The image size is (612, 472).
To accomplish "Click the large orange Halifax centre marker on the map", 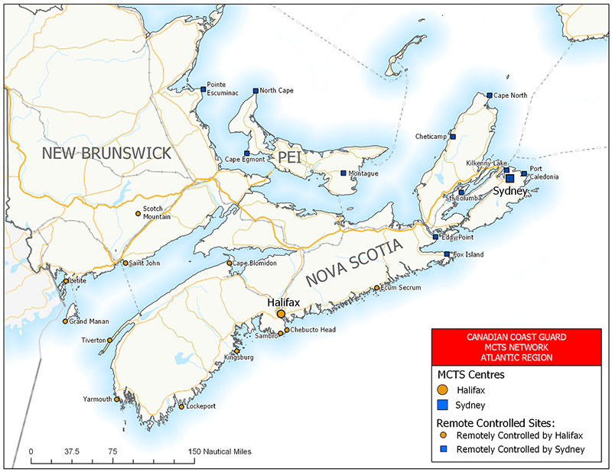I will point(281,314).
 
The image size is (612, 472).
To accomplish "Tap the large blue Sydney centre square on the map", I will point(509,178).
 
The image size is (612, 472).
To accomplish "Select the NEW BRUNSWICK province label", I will point(106,154).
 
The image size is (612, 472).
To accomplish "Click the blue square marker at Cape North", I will point(489,95).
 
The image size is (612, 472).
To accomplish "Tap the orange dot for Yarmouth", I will point(117,399).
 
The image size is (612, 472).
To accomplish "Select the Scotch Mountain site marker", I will point(138,213).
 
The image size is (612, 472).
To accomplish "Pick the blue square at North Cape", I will point(256,90).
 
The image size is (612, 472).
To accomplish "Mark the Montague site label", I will point(363,173).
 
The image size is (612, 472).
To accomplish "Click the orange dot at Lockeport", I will point(181,406).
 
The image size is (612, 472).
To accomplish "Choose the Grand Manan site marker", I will point(65,321).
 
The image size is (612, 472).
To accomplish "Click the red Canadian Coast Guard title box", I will point(513,346).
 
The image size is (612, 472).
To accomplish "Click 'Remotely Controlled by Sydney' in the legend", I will point(520,450).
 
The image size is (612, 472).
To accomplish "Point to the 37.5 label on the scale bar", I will point(72,451).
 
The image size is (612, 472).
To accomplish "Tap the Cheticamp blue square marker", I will point(453,137).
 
